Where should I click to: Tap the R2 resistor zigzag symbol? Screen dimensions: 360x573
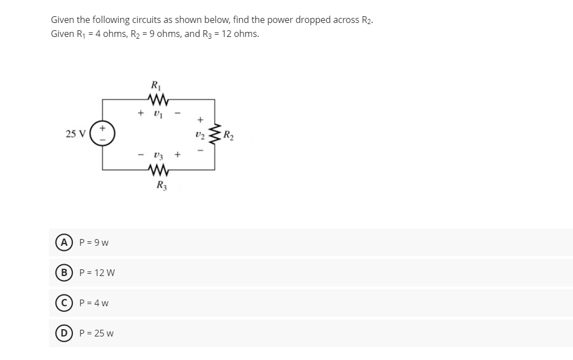214,134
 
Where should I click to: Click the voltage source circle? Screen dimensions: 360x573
103,134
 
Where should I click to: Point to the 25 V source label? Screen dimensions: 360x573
75,134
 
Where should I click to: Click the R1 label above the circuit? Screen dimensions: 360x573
155,86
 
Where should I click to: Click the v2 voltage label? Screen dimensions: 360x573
199,134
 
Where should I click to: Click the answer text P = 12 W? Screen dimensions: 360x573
97,273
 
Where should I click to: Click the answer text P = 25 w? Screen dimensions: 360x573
96,333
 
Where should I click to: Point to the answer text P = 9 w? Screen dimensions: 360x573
94,242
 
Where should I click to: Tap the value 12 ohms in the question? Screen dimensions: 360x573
241,34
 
